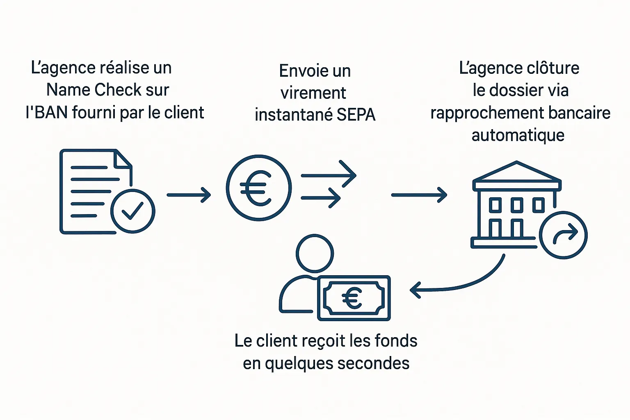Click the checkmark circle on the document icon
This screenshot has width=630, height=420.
[132, 211]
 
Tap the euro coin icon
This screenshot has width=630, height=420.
[259, 188]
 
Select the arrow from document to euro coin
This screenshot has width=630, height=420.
[189, 194]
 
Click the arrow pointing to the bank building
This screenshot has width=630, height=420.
[419, 195]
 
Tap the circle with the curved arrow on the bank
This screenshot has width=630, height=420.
[564, 235]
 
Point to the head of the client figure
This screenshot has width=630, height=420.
[315, 253]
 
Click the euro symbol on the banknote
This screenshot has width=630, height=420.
[352, 298]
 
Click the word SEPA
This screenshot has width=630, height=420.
[356, 115]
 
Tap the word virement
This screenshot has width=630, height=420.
[313, 93]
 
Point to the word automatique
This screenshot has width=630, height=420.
[518, 135]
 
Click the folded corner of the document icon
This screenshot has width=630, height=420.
[123, 159]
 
